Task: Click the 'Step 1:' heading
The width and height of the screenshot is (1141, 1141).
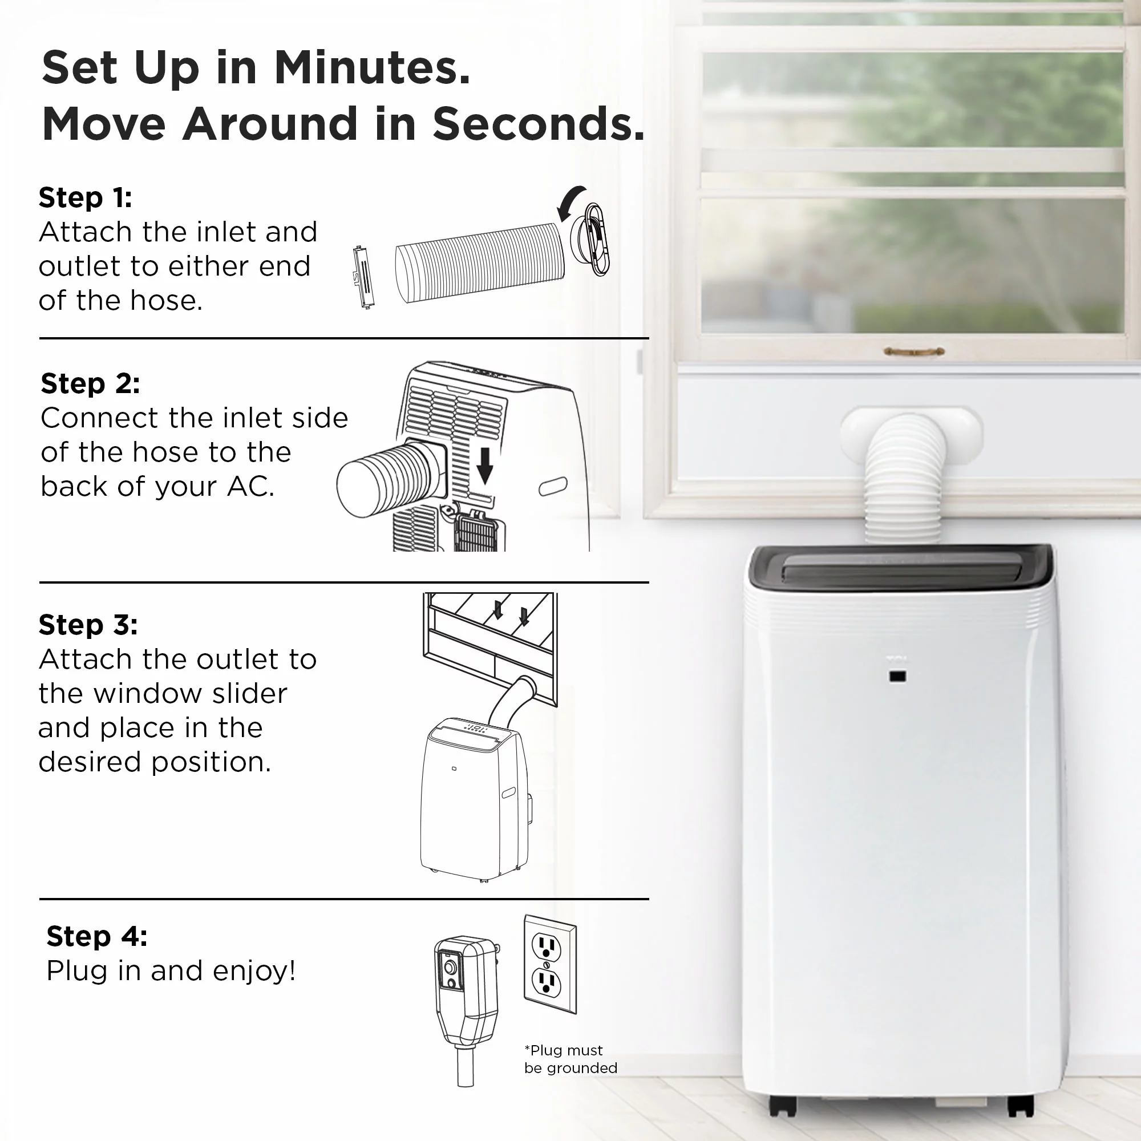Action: [85, 197]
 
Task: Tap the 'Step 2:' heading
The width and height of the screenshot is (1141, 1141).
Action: [90, 383]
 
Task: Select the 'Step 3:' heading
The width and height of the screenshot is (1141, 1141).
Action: [88, 624]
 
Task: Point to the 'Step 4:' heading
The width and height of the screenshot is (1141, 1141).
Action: [97, 936]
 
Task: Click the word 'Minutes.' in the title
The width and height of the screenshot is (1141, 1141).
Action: [372, 67]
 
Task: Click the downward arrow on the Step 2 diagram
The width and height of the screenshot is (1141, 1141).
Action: [485, 466]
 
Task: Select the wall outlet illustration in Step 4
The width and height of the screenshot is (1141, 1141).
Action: [550, 964]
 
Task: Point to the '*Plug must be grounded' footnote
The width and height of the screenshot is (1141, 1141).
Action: [570, 1058]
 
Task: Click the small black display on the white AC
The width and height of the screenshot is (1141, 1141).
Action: [897, 676]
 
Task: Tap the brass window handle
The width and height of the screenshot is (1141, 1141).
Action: [913, 352]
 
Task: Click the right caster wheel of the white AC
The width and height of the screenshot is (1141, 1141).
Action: [1021, 1106]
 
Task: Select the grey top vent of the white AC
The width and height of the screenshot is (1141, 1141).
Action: [901, 568]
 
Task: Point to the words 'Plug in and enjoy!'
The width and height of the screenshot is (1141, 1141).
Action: [171, 971]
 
